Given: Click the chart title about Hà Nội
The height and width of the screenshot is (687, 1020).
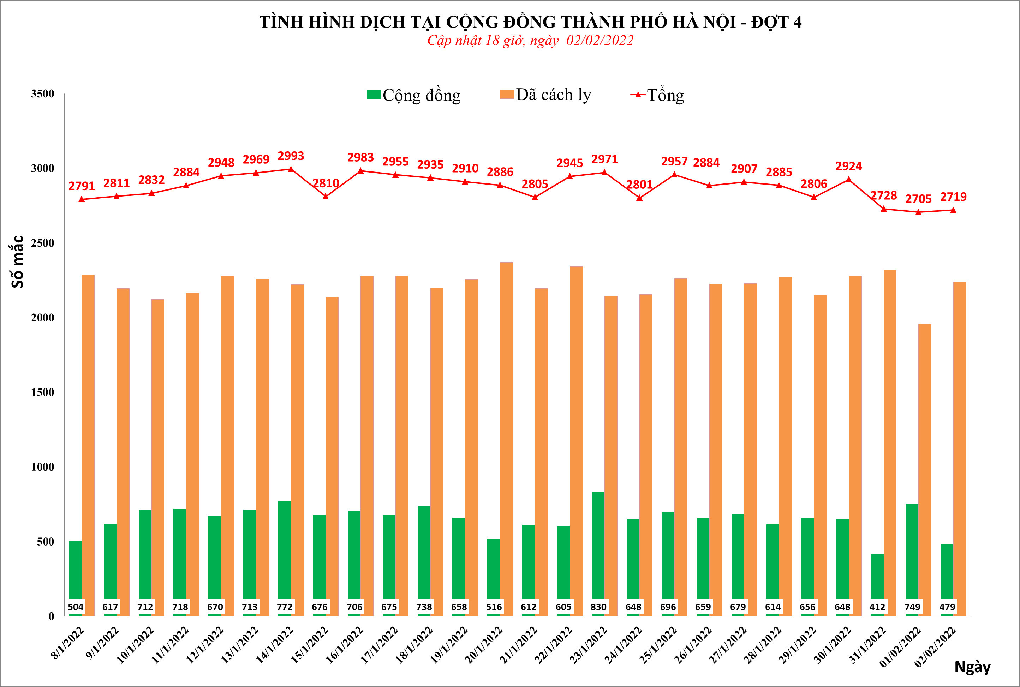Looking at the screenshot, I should (x=530, y=22).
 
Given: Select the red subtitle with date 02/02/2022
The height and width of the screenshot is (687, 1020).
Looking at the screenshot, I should (x=530, y=41).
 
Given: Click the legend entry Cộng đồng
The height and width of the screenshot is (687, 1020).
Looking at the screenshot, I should (x=414, y=95).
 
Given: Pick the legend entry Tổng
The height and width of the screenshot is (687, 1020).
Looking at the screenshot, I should (x=657, y=95).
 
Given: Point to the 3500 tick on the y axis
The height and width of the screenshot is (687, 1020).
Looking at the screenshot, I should (x=42, y=94).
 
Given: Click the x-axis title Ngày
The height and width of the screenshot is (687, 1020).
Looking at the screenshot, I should (x=972, y=667).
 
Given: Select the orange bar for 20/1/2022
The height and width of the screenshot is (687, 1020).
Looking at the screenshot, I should (x=506, y=438).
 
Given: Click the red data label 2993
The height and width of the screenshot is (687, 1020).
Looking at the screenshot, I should (x=291, y=156).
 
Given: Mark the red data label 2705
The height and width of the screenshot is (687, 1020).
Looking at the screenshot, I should (x=918, y=199).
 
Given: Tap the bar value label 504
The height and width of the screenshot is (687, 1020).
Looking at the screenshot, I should (x=76, y=607).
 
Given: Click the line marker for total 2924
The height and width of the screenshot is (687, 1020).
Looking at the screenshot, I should (x=849, y=180).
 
